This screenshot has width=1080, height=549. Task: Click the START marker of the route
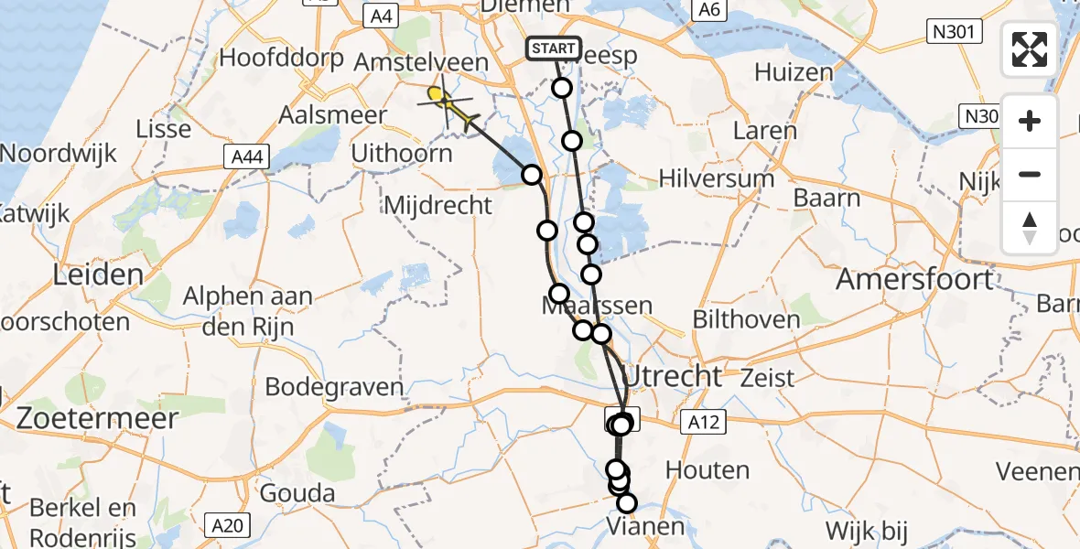click(x=554, y=48)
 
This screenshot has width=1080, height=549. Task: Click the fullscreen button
click(x=1030, y=49)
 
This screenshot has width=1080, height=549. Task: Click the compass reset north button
click(x=1030, y=228)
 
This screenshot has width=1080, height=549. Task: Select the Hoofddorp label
click(x=281, y=59)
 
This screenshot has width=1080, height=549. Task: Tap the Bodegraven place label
click(x=334, y=386)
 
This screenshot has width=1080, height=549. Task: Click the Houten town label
click(x=707, y=470)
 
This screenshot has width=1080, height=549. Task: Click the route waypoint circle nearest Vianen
click(x=627, y=502)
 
